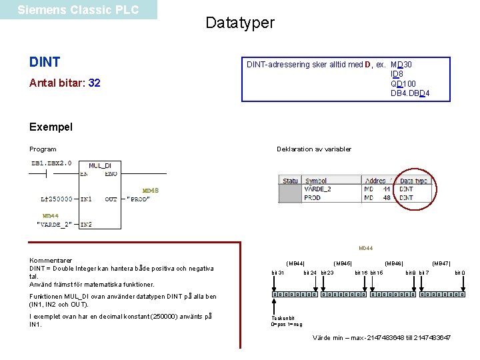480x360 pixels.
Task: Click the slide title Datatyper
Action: [240, 23]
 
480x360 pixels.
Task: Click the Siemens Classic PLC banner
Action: [78, 10]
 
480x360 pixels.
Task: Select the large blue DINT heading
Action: [45, 62]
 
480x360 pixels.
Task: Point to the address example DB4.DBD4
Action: [410, 93]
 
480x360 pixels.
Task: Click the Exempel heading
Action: [51, 127]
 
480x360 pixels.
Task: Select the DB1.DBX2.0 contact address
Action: [51, 163]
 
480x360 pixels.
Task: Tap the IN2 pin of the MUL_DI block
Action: [86, 225]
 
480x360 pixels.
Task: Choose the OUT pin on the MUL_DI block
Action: [111, 199]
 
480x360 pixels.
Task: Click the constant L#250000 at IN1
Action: [57, 199]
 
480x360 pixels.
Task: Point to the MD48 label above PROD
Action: [150, 190]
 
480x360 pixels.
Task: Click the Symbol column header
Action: [316, 181]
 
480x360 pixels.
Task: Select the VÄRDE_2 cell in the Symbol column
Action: [318, 189]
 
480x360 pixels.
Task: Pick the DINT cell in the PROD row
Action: [406, 197]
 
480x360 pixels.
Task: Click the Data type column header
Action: [413, 181]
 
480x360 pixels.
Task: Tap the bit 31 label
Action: [277, 273]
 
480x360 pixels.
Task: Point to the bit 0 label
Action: [459, 273]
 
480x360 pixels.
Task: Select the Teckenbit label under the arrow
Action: [283, 318]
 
